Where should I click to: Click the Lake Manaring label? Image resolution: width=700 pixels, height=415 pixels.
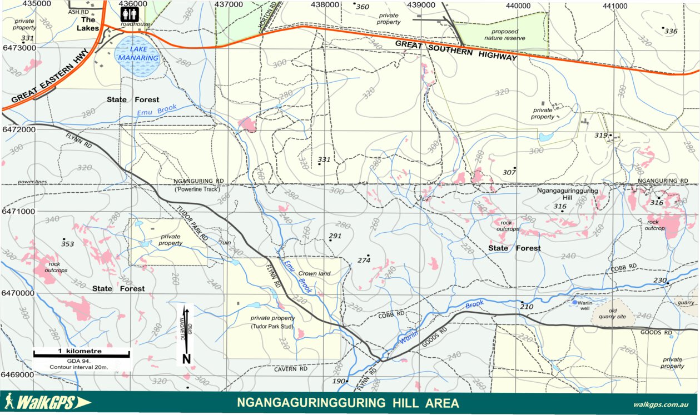[136, 53]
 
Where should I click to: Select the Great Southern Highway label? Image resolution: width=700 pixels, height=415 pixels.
[456, 50]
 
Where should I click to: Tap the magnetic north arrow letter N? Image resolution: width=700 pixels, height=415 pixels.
[186, 359]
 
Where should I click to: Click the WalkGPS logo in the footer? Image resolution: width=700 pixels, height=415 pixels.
[47, 402]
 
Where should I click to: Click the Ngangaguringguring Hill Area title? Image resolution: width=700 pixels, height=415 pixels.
[348, 403]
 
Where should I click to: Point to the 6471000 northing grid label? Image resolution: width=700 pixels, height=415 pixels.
[18, 212]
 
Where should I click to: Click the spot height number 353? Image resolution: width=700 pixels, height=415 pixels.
[68, 244]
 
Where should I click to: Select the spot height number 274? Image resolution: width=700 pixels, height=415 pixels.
[364, 260]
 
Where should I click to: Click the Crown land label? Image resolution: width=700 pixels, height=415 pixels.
[315, 273]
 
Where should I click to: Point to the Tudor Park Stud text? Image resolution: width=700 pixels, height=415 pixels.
[272, 327]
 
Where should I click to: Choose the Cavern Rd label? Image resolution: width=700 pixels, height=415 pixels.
[290, 368]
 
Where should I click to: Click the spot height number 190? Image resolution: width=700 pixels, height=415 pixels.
[339, 381]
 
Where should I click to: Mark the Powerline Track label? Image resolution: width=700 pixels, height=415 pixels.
[194, 189]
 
